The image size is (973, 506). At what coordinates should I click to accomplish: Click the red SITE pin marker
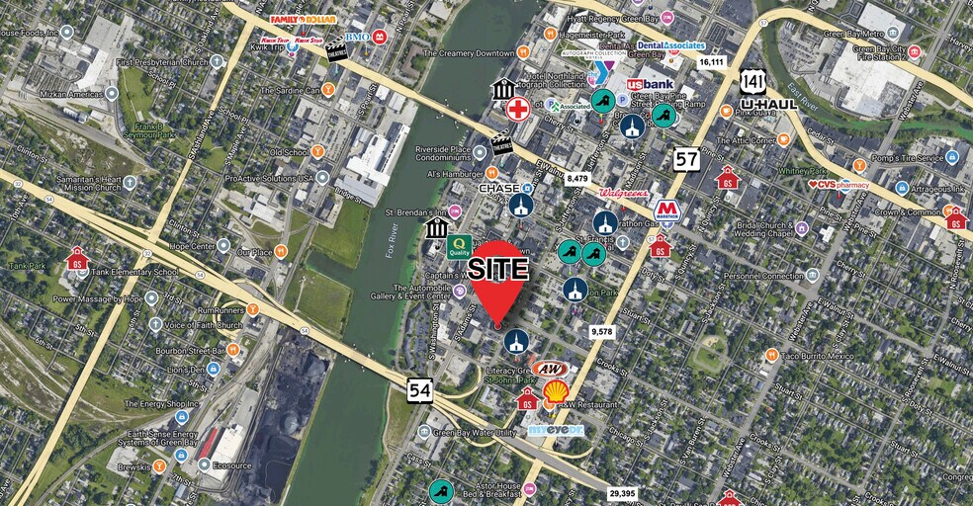498,279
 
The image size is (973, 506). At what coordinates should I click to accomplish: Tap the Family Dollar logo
304,20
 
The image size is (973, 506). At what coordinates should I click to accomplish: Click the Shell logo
556,392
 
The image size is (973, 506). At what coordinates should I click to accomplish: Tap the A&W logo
548,369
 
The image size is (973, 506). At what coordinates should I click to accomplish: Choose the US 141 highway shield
754,81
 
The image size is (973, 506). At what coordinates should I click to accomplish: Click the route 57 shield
687,158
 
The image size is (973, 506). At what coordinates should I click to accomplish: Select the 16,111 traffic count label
712,62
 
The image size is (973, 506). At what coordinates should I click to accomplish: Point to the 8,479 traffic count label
577,179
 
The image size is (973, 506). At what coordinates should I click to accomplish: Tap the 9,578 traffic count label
600,332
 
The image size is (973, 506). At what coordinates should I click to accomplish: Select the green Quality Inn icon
459,246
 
